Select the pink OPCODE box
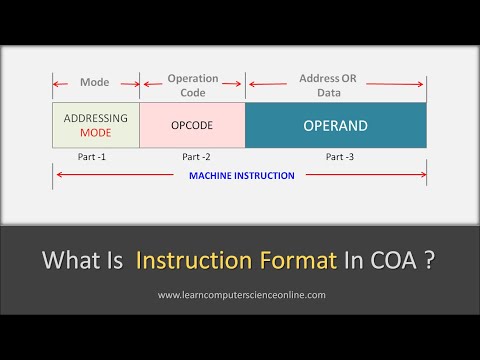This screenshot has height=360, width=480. point(192,126)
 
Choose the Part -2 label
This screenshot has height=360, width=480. point(197,157)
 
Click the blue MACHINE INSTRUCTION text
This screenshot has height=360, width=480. point(242,176)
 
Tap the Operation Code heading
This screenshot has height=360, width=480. point(193,84)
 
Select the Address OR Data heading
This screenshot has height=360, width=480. point(334,84)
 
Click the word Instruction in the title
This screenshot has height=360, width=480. point(192,262)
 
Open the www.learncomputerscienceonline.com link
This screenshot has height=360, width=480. point(241,295)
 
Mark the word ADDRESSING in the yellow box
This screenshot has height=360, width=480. point(95,119)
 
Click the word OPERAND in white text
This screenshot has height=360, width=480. point(335,126)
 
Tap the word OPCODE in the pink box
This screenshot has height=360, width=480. point(192,126)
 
